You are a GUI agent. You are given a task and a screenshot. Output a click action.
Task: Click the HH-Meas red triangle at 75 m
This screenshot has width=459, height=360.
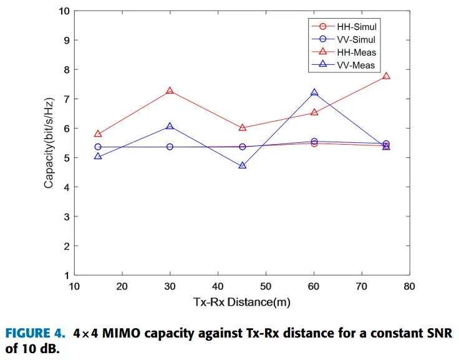(x=386, y=76)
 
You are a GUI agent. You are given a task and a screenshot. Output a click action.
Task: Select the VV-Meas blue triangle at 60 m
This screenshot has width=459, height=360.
(x=314, y=92)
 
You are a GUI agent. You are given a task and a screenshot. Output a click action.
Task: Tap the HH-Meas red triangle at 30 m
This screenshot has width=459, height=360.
(x=170, y=91)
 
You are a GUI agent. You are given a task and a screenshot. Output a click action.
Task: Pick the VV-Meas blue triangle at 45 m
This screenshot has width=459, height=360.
(x=243, y=166)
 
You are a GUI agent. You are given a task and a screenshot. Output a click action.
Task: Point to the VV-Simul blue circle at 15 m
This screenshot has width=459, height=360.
(x=98, y=147)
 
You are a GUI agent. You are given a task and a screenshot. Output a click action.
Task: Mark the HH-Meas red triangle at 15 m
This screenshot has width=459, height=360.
(x=98, y=134)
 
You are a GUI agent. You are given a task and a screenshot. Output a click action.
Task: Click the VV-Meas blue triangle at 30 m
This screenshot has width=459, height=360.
(x=170, y=127)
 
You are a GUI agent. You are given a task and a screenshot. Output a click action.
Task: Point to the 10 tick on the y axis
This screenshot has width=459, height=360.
(x=64, y=11)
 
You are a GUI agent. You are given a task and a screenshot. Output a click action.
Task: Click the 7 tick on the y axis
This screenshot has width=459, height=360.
(x=67, y=99)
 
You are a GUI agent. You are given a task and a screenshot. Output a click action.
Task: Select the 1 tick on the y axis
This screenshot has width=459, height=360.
(x=67, y=275)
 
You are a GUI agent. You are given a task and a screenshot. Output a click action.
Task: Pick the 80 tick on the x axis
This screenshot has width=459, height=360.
(x=409, y=286)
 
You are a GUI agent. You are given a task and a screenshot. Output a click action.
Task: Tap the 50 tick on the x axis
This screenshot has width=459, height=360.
(x=266, y=286)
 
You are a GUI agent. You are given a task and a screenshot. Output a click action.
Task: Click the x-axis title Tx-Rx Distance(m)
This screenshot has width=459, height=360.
(x=241, y=302)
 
